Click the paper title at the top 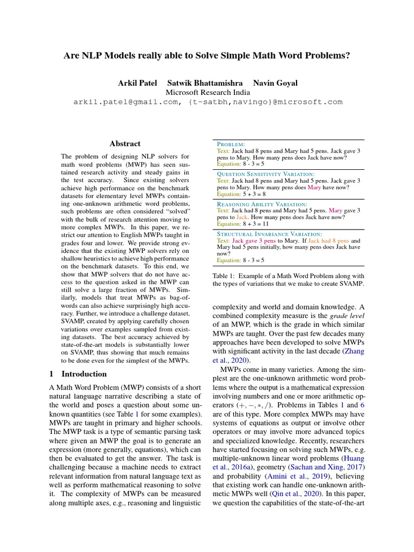pyautogui.click(x=208, y=56)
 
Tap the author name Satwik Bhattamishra pyautogui.click(x=205, y=83)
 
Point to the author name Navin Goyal pyautogui.click(x=275, y=83)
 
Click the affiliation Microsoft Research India pyautogui.click(x=208, y=92)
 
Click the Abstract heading pyautogui.click(x=125, y=144)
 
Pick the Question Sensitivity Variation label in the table pyautogui.click(x=265, y=174)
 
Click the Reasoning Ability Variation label pyautogui.click(x=261, y=205)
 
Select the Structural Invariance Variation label pyautogui.click(x=269, y=234)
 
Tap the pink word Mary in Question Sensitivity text pyautogui.click(x=314, y=188)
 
